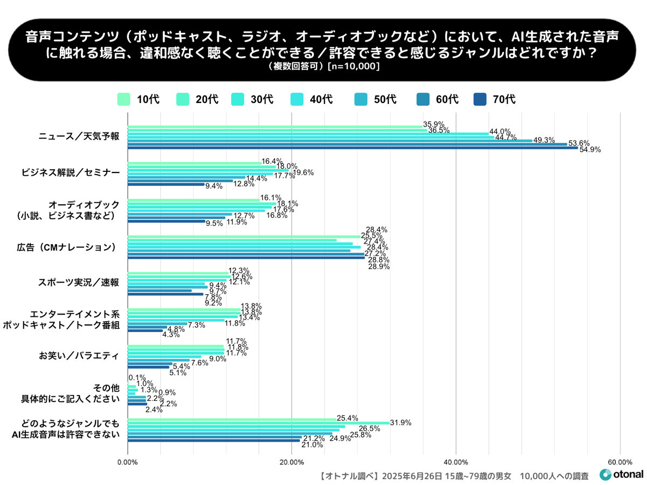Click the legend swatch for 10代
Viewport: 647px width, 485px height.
(x=124, y=99)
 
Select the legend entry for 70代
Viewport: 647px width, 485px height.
(x=494, y=99)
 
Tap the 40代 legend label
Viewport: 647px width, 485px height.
(x=321, y=99)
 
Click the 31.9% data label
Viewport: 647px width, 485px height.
(x=401, y=423)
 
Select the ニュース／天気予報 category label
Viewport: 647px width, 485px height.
(x=78, y=136)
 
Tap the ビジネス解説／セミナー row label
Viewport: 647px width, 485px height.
(x=70, y=172)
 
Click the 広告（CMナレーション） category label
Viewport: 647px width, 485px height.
(x=67, y=247)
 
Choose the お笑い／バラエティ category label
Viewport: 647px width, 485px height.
(x=78, y=356)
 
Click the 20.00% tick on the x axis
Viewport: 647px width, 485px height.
(x=292, y=462)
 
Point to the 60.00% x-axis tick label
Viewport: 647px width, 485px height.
(x=620, y=462)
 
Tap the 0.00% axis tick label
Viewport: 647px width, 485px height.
(x=128, y=462)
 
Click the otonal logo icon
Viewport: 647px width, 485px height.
(x=605, y=475)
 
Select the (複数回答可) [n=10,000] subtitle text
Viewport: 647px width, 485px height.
(x=323, y=67)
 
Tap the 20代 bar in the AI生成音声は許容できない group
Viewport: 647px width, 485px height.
(x=258, y=422)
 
